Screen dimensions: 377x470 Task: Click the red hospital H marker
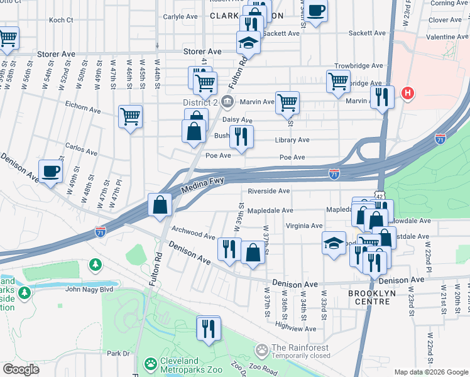coord(408,94)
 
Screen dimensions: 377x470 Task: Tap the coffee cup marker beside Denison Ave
coord(50,171)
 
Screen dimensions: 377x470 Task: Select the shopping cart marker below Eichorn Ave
coord(130,116)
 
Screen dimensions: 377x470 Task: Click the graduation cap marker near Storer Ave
coord(248,42)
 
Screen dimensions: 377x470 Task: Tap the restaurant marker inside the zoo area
coord(208,328)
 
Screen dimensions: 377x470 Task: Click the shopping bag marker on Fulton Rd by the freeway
coord(160,204)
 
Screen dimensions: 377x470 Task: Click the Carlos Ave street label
coord(82,152)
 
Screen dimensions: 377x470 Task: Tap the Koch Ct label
coord(61,20)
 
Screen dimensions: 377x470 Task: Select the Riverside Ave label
coord(268,191)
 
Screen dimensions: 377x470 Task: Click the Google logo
coord(21,369)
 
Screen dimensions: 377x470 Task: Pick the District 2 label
coord(200,102)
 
